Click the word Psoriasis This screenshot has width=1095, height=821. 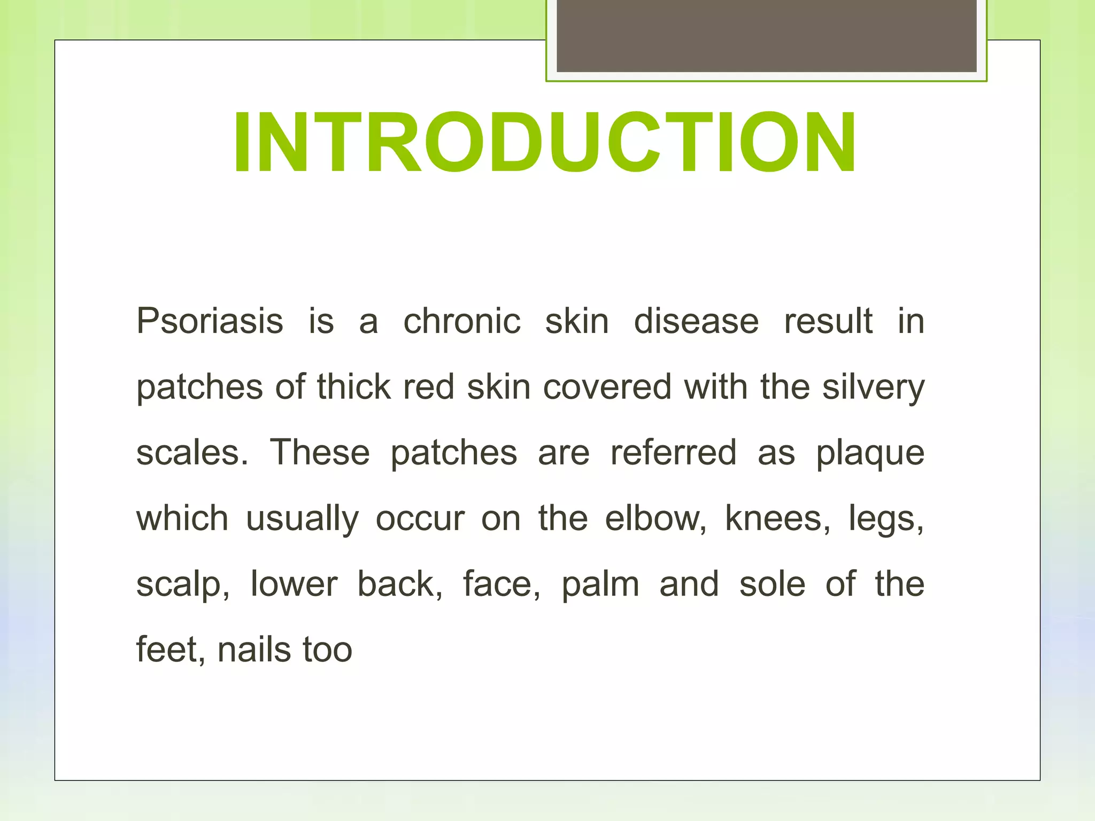[x=210, y=322]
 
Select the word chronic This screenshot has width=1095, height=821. [x=462, y=322]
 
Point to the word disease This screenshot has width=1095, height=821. [x=696, y=322]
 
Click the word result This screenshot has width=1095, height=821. [x=828, y=322]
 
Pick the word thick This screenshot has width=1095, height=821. [x=353, y=387]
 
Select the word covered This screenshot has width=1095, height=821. [x=607, y=387]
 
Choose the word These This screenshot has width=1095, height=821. [x=320, y=453]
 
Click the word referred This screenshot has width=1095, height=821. [x=674, y=453]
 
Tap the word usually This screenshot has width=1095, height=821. [x=302, y=519]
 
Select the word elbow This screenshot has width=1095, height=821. [x=656, y=518]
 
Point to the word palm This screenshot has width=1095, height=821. [x=600, y=585]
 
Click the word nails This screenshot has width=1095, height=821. [x=254, y=650]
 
